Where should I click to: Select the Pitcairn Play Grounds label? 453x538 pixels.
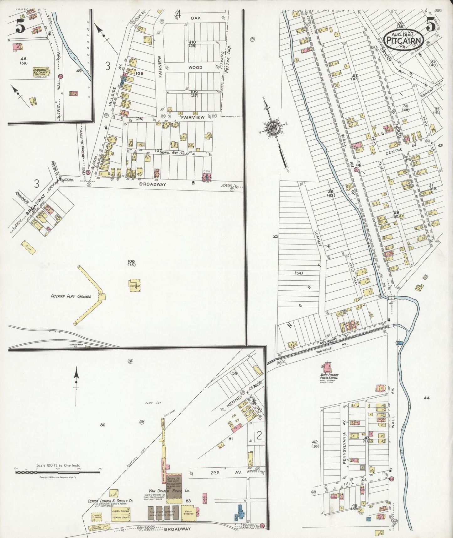[x=71, y=296]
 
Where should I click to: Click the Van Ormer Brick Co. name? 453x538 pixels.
[x=170, y=499]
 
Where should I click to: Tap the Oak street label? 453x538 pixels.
[x=197, y=18]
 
